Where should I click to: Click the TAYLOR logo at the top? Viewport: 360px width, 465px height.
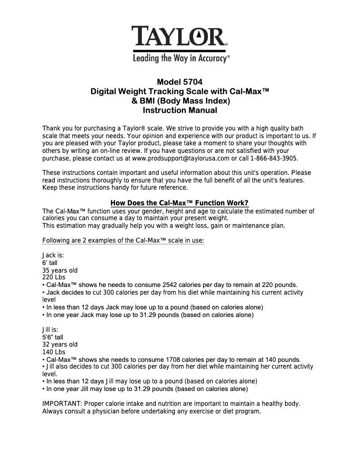pyautogui.click(x=180, y=36)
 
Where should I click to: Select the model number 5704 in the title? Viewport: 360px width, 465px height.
pyautogui.click(x=193, y=82)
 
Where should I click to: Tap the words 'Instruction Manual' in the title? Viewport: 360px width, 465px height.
pyautogui.click(x=180, y=110)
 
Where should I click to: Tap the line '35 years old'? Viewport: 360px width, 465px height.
pyautogui.click(x=60, y=270)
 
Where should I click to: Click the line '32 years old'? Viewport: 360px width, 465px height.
pyautogui.click(x=60, y=344)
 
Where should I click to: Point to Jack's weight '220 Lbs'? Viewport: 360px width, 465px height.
pyautogui.click(x=53, y=277)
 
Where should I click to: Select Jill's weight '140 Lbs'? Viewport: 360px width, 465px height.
pyautogui.click(x=53, y=352)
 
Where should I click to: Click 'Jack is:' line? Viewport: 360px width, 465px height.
pyautogui.click(x=53, y=255)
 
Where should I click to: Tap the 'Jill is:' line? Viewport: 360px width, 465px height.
pyautogui.click(x=50, y=330)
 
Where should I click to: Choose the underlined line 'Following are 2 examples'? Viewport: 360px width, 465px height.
pyautogui.click(x=123, y=240)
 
